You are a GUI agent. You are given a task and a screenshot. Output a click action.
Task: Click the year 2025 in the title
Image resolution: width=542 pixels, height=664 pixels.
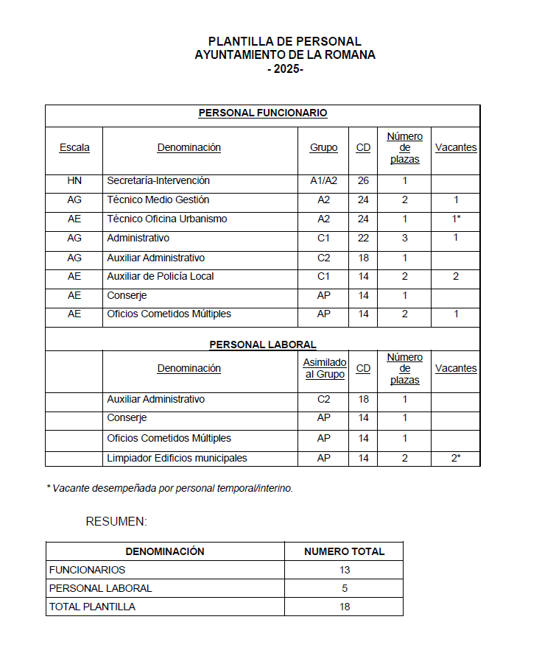(x=285, y=68)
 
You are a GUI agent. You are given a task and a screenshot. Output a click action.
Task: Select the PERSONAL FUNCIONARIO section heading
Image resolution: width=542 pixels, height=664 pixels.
(x=263, y=113)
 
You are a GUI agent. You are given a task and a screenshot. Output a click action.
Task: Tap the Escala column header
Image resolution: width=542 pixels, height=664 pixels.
(x=74, y=147)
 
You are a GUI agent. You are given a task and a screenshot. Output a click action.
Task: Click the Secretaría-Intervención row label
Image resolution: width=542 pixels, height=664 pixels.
(x=158, y=180)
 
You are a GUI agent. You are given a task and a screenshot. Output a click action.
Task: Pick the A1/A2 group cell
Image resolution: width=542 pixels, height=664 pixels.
(x=323, y=180)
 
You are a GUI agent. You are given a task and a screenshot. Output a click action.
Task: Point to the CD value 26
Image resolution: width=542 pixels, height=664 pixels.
(x=363, y=180)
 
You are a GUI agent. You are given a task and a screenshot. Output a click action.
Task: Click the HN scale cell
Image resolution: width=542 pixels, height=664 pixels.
(x=74, y=180)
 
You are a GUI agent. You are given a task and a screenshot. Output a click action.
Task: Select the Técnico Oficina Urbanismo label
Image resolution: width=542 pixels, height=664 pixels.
(x=167, y=219)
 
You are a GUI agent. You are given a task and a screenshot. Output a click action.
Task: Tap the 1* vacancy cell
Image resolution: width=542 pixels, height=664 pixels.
(x=456, y=219)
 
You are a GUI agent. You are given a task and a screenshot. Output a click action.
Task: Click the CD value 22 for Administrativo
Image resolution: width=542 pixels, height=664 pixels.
(x=363, y=238)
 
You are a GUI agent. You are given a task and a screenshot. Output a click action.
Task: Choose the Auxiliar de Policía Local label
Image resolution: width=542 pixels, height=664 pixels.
(x=161, y=276)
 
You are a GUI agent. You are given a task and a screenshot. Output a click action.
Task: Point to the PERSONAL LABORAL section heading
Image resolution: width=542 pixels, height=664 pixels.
(x=263, y=344)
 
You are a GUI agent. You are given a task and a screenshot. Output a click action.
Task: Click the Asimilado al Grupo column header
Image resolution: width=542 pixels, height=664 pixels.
(x=324, y=368)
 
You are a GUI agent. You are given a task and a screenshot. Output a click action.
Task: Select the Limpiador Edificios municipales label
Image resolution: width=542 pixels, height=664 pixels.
(x=177, y=458)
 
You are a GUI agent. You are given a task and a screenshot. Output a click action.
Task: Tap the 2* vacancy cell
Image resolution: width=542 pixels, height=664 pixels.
(x=456, y=458)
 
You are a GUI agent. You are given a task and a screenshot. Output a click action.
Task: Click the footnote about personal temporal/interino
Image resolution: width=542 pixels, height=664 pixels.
(x=169, y=487)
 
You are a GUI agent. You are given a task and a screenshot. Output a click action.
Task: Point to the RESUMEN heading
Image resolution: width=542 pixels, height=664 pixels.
(x=116, y=521)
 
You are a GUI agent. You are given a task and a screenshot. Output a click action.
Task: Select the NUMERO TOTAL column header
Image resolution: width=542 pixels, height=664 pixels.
(x=344, y=551)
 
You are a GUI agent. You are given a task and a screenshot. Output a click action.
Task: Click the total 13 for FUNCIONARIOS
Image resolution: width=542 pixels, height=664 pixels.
(x=344, y=570)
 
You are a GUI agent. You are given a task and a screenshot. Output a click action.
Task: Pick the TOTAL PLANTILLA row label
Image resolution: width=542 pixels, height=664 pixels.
(x=92, y=607)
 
